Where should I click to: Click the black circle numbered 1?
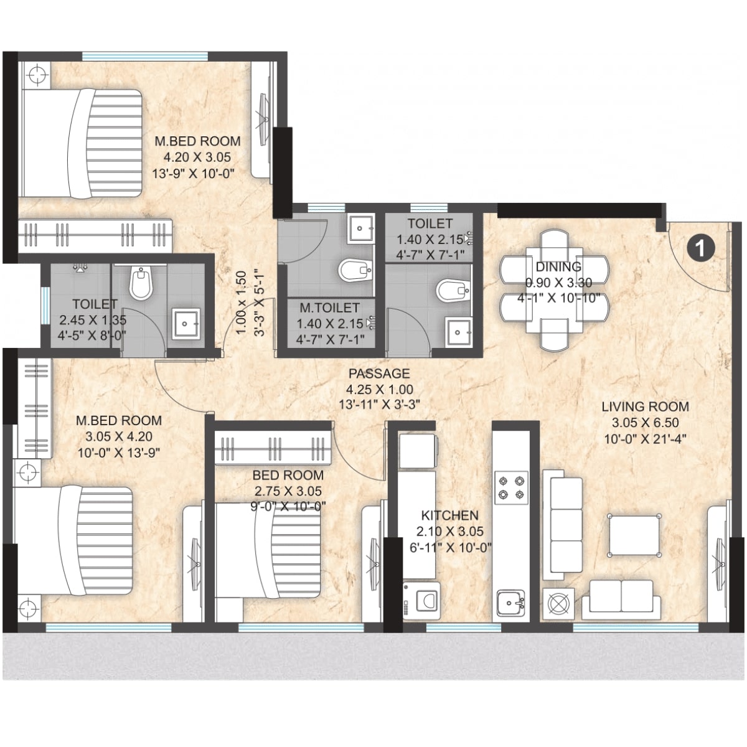point(700,248)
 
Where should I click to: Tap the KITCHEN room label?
point(449,515)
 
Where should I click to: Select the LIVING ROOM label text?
point(645,407)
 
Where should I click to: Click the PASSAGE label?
point(379,374)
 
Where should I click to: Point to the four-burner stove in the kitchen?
point(511,487)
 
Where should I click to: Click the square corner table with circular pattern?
point(557,603)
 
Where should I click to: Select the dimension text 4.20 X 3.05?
point(197,157)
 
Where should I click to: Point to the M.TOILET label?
point(329,308)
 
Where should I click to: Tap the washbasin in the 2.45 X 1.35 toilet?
point(186,324)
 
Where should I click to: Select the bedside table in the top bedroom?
point(36,75)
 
